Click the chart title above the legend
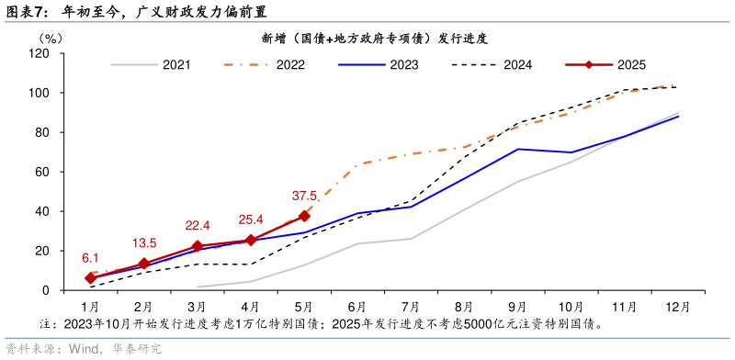tap(374, 39)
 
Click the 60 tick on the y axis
tap(42, 172)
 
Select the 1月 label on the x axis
tap(90, 306)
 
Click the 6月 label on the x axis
tap(357, 306)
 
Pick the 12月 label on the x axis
tap(677, 306)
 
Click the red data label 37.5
tap(305, 196)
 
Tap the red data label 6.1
tap(90, 258)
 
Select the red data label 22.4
tap(198, 226)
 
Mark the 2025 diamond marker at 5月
tap(304, 217)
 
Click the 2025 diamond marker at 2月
tap(144, 264)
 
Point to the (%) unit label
tap(51, 39)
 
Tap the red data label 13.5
tap(144, 243)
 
